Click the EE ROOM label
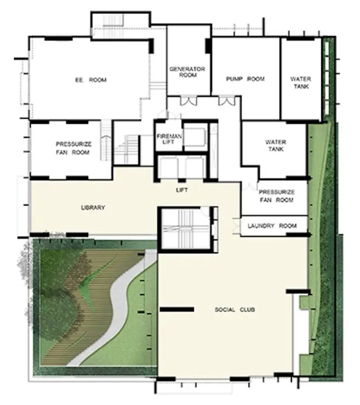click(91, 80)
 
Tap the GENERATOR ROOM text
click(187, 72)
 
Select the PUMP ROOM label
click(246, 79)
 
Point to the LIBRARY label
click(93, 207)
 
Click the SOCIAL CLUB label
click(235, 309)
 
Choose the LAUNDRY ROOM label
click(272, 226)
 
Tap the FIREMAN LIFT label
click(169, 139)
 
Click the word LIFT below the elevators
click(182, 190)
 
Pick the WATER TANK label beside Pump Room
click(301, 83)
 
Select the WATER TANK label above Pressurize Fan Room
click(276, 145)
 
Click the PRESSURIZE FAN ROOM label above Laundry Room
click(276, 196)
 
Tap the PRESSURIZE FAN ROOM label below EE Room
click(73, 148)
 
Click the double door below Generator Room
click(188, 100)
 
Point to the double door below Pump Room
click(227, 100)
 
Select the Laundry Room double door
click(236, 226)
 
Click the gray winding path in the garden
click(114, 310)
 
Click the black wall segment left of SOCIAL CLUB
click(177, 309)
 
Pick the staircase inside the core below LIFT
click(185, 227)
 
